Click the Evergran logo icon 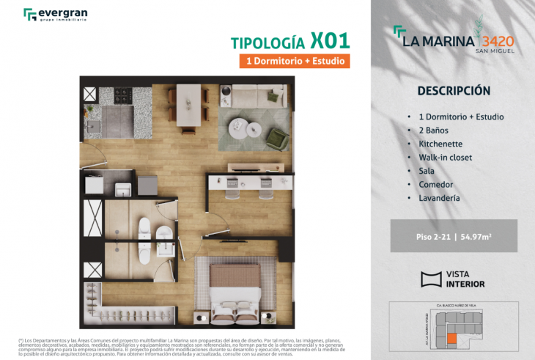tap(29, 15)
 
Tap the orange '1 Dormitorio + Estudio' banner tap(293, 61)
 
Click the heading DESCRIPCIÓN tap(453, 91)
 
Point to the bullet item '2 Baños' tap(433, 130)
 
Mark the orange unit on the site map tap(452, 339)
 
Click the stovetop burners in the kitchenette tap(121, 96)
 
